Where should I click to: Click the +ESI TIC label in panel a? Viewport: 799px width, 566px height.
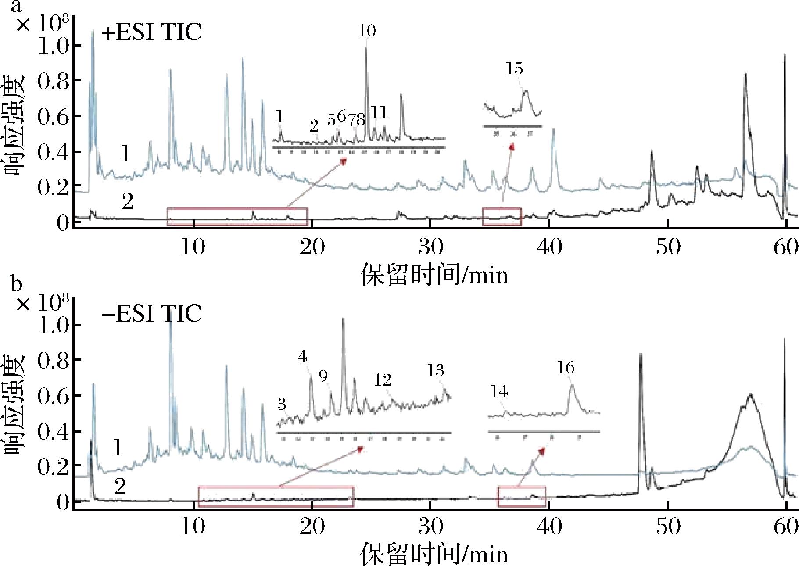(x=151, y=32)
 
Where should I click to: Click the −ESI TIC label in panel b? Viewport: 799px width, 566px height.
(x=151, y=313)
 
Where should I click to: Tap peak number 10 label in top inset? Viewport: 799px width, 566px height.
(x=367, y=31)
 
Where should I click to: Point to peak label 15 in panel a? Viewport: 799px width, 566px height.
(x=514, y=69)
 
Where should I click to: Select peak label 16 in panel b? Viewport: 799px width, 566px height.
(x=566, y=367)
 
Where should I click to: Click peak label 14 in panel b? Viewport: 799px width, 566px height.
(x=499, y=391)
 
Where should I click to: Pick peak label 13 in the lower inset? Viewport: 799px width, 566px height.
(x=436, y=371)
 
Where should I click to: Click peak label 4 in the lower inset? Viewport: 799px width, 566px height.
(x=302, y=357)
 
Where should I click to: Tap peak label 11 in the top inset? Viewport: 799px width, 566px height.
(x=379, y=112)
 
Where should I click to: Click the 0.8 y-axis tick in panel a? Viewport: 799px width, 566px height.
(x=53, y=81)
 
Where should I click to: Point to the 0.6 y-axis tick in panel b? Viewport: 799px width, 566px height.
(x=53, y=396)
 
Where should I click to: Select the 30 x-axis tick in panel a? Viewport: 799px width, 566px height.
(x=430, y=247)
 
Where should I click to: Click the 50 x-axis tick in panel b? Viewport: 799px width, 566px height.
(x=668, y=527)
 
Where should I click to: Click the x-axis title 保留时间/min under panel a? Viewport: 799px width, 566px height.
(x=434, y=276)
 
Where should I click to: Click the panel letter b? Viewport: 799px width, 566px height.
(x=16, y=284)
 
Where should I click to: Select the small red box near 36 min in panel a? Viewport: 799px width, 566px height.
(x=502, y=217)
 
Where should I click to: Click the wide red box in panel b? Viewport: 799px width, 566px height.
(x=276, y=497)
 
